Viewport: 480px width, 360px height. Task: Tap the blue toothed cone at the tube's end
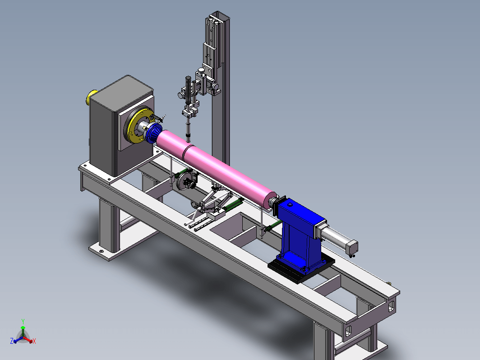(154, 134)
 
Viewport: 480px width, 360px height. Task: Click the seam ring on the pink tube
(187, 152)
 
